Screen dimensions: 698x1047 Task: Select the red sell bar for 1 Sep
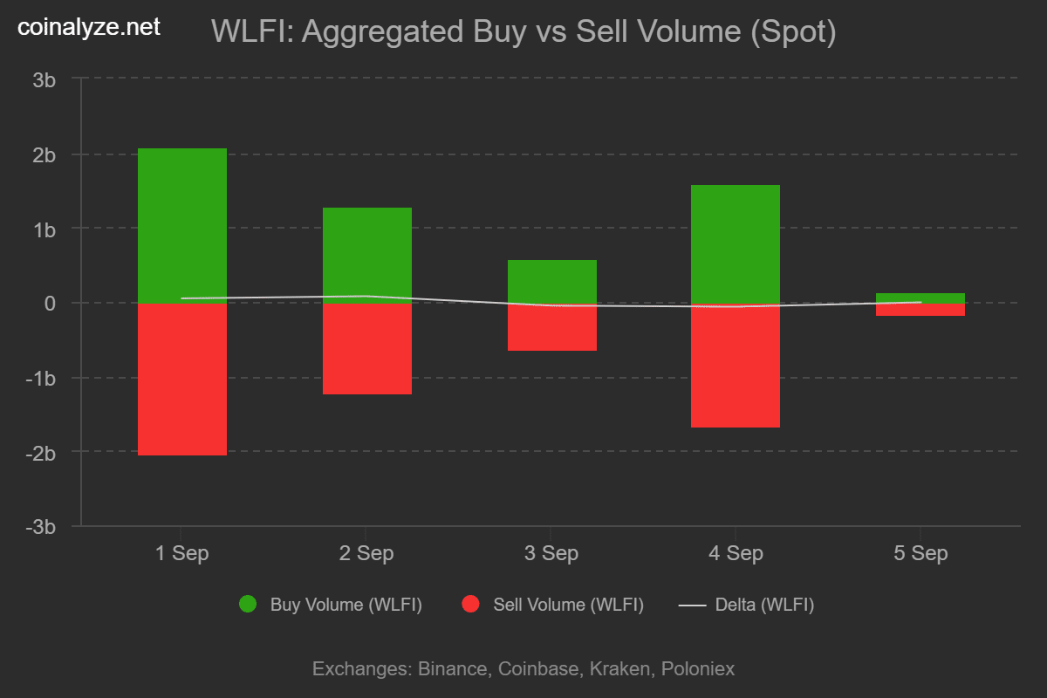coord(182,380)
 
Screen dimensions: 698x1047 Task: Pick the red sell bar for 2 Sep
coord(367,349)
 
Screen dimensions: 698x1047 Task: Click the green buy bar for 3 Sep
coord(552,281)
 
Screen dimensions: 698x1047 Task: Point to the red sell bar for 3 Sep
coord(552,328)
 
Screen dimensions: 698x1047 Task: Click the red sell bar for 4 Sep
coord(736,366)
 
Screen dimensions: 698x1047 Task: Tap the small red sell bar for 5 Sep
coord(920,310)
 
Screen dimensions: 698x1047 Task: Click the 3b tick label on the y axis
coord(44,79)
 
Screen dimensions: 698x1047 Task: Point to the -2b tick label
coord(41,453)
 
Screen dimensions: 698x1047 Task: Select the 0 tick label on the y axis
coord(51,304)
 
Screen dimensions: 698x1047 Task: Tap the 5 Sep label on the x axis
coord(920,553)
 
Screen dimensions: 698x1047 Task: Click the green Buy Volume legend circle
coord(248,604)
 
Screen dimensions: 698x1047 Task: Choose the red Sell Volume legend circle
coord(471,604)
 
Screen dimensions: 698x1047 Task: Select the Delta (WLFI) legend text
coord(764,605)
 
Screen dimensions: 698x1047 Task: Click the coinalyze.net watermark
coord(89,27)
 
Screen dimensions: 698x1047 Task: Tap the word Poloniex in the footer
coord(698,669)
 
